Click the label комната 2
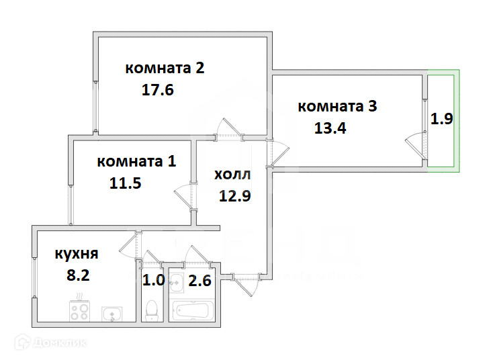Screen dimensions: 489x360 [165, 68]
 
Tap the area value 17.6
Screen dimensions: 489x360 [158, 90]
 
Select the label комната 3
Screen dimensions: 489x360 [337, 106]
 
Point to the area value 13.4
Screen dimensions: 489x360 [330, 128]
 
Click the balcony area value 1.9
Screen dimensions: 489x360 [441, 120]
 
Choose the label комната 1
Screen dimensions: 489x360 [136, 161]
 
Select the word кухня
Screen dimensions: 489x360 [77, 254]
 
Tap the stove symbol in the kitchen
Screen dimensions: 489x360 [79, 311]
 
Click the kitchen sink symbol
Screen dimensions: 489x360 [112, 313]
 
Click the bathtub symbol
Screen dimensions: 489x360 [193, 310]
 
